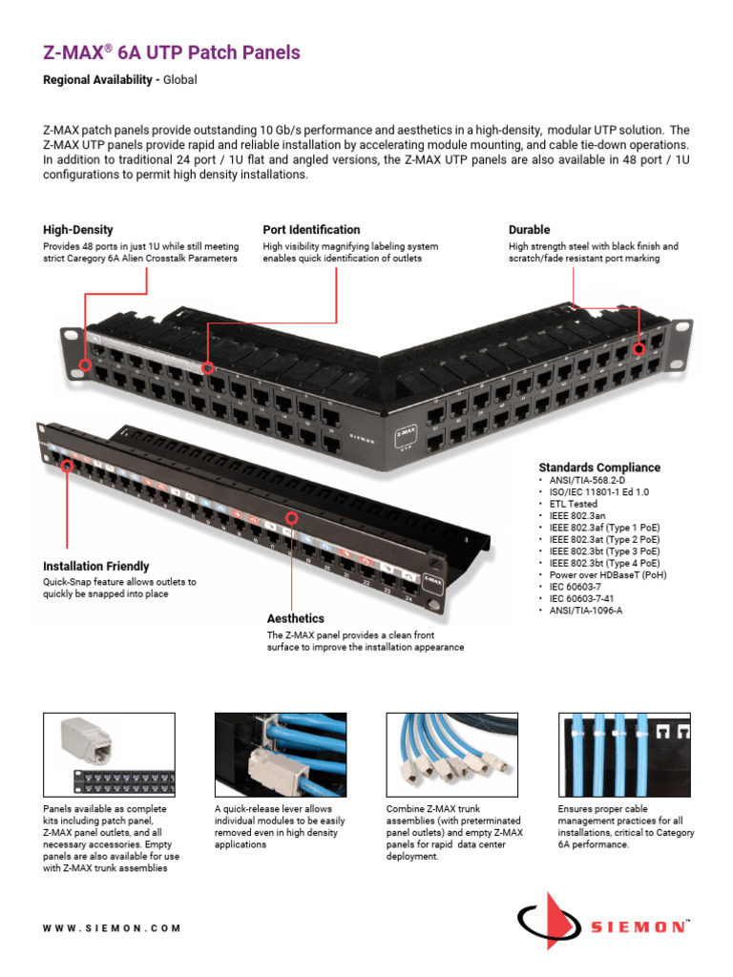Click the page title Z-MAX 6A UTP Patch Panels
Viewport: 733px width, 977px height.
point(172,52)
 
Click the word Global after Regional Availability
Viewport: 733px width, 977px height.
point(179,80)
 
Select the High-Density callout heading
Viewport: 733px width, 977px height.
point(78,230)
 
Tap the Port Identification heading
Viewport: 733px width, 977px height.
point(311,230)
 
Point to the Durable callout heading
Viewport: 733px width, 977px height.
point(530,230)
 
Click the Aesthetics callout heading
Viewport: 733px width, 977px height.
point(296,618)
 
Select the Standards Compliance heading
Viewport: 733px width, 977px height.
point(599,468)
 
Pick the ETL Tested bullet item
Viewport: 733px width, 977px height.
point(573,504)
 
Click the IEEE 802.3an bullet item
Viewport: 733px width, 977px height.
point(576,516)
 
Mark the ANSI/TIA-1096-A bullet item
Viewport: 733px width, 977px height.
point(587,612)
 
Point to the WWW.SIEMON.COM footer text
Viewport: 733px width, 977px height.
point(112,928)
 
